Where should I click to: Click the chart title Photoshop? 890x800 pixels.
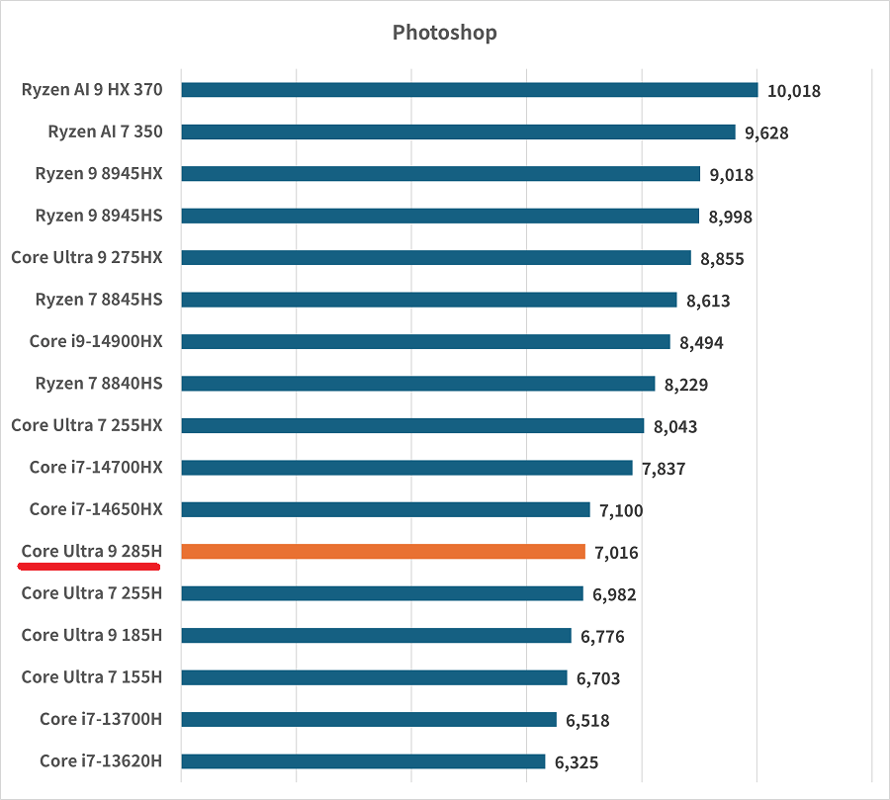coord(444,33)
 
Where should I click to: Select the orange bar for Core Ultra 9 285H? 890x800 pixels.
coord(384,552)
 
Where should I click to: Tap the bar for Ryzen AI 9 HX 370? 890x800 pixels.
coord(470,90)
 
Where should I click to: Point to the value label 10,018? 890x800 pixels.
coord(793,91)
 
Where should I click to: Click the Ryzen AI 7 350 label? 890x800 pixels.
coord(105,132)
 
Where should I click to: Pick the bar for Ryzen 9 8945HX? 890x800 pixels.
coord(441,174)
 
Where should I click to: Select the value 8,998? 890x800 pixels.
coord(730,217)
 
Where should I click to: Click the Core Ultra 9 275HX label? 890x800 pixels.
coord(87,257)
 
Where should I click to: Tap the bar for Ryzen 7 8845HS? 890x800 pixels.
coord(429,300)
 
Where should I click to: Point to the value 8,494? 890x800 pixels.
coord(701,343)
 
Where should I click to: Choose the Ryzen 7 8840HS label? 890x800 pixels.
coord(99,383)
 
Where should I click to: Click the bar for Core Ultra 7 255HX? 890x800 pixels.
coord(412,425)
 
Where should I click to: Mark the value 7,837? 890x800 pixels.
coord(664,469)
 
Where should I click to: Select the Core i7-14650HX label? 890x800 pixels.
coord(96,509)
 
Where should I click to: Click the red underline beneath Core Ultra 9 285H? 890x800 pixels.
coord(90,568)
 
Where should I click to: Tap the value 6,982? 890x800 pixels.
coord(614,594)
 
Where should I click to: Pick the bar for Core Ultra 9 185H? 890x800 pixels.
coord(376,635)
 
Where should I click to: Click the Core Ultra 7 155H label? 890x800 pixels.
coord(92,676)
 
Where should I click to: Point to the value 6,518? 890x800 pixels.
coord(587,721)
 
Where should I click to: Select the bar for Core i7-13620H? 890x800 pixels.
coord(363,761)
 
